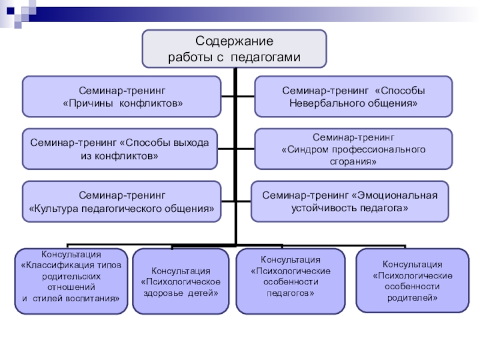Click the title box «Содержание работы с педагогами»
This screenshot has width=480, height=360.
coord(234,49)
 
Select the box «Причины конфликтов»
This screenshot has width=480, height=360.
coord(122,96)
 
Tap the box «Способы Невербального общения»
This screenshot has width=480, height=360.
coord(353,96)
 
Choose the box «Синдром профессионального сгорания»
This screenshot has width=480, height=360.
coord(353,149)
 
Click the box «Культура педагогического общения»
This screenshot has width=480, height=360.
coord(122,202)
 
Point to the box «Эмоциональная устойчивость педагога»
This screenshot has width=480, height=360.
coord(350,201)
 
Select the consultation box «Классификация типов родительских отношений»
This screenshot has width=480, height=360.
coord(71,281)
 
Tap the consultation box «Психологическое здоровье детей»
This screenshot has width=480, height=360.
coord(180,281)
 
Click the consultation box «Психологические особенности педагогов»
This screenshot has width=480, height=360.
coord(290,281)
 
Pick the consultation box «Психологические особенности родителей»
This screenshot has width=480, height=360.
coord(412,281)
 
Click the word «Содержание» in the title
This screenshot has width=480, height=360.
coord(234,42)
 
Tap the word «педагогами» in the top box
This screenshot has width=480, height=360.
coord(265,57)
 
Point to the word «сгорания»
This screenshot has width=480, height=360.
coord(353,162)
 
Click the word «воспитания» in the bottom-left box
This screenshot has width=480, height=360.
coord(96,298)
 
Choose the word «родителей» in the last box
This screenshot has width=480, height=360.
coord(413,298)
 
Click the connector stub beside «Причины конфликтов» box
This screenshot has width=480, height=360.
coord(228,96)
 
